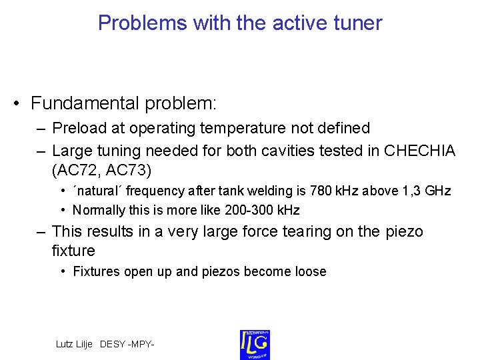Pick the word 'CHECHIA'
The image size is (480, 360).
coord(420,151)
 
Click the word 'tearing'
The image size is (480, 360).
coord(307,231)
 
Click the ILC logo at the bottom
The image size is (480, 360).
coord(255,344)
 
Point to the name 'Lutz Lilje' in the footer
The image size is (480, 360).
coord(75,344)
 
